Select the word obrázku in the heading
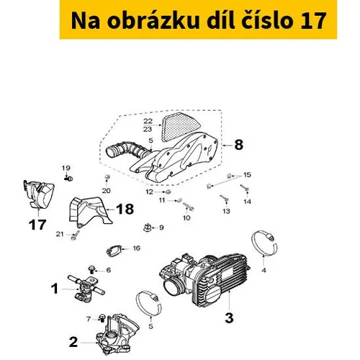pyautogui.click(x=153, y=20)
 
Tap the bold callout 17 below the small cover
pyautogui.click(x=37, y=225)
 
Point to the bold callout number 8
pyautogui.click(x=238, y=145)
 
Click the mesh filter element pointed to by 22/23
pyautogui.click(x=181, y=127)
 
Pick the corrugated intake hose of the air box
pyautogui.click(x=127, y=149)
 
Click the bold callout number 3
pyautogui.click(x=229, y=318)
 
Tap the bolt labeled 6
pyautogui.click(x=91, y=269)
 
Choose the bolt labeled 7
pyautogui.click(x=102, y=318)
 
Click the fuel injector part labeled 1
pyautogui.click(x=86, y=288)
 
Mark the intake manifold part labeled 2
pyautogui.click(x=117, y=334)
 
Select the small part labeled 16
pyautogui.click(x=114, y=251)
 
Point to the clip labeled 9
pyautogui.click(x=148, y=228)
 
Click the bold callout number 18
pyautogui.click(x=125, y=209)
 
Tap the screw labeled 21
pyautogui.click(x=75, y=235)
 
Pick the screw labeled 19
pyautogui.click(x=68, y=179)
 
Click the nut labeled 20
pyautogui.click(x=107, y=178)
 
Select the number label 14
pyautogui.click(x=247, y=202)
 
